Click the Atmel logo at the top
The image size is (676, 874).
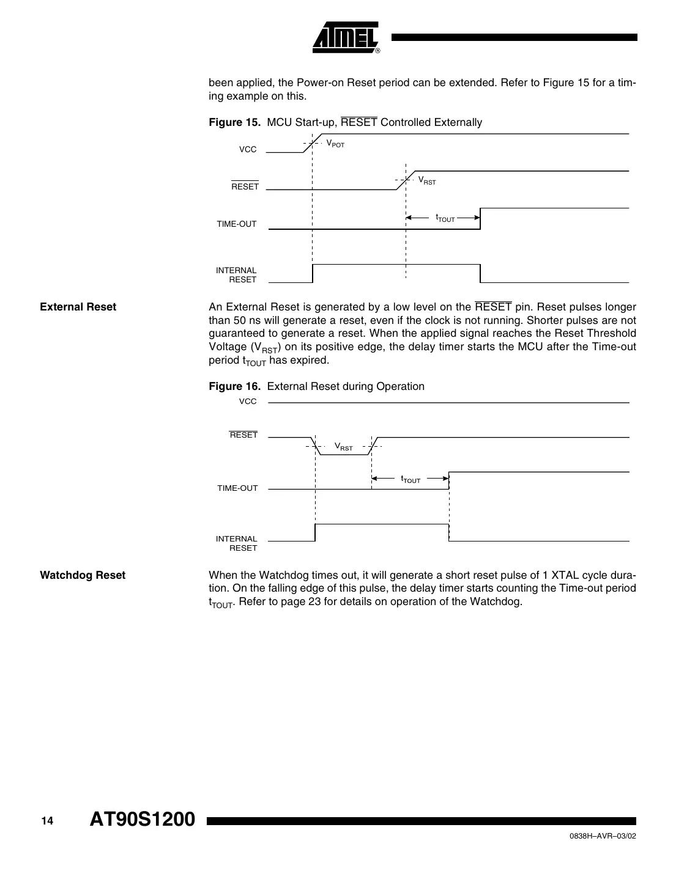[346, 37]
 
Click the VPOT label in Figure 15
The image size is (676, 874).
[335, 144]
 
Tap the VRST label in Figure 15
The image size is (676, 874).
[427, 181]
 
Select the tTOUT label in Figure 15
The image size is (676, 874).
[445, 218]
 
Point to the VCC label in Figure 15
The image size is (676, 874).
[248, 150]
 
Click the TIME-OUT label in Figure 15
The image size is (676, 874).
[237, 224]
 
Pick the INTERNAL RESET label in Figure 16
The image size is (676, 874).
[237, 543]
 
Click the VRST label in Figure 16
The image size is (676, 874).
[344, 447]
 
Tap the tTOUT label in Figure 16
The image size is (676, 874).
[411, 480]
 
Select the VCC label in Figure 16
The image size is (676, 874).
[248, 402]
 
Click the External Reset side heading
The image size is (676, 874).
[78, 307]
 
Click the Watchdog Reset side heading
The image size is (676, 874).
[83, 575]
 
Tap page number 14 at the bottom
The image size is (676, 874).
[47, 821]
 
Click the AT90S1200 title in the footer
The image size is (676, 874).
[142, 820]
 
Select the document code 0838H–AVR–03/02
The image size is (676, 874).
[599, 837]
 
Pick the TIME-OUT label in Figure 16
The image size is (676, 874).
[237, 488]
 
